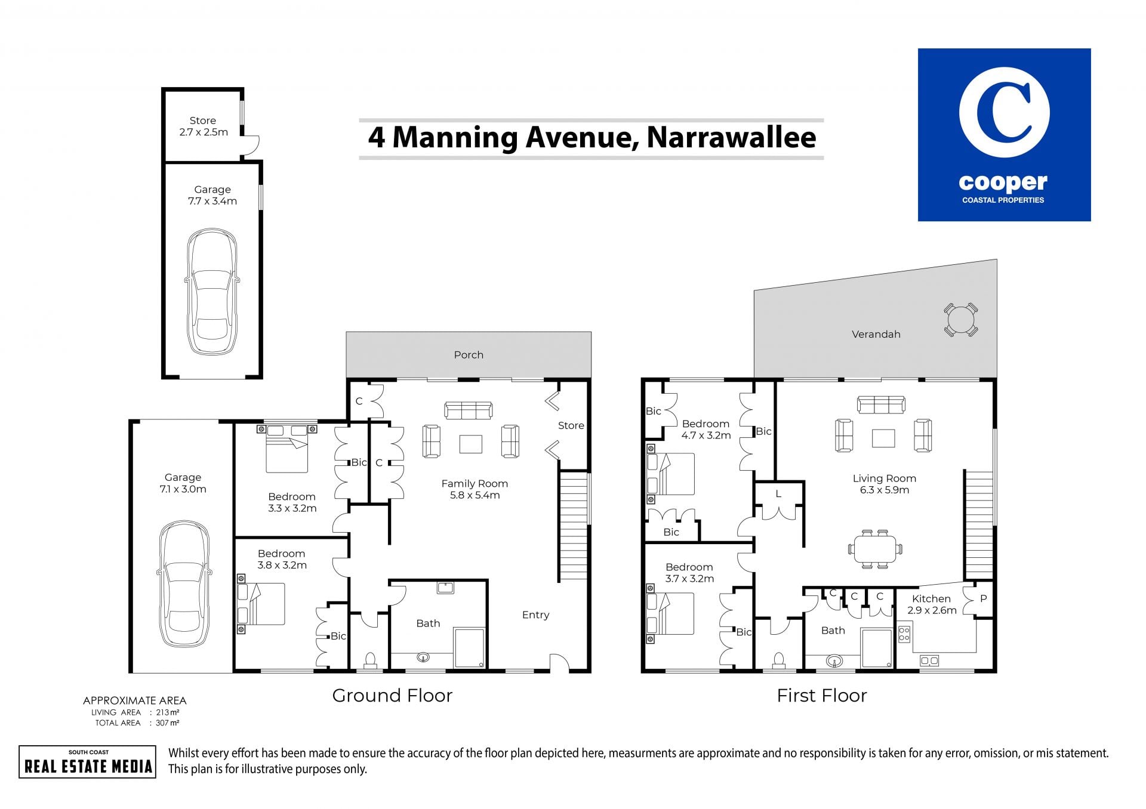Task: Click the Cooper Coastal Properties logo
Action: click(x=1004, y=135)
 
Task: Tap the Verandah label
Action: click(x=876, y=334)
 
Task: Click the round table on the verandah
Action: click(x=960, y=320)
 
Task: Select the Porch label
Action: click(x=469, y=355)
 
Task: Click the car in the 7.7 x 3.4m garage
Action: click(x=212, y=292)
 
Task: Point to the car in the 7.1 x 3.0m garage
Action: click(x=184, y=584)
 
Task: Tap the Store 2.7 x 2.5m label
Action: click(x=203, y=126)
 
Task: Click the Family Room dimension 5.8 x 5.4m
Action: click(x=475, y=495)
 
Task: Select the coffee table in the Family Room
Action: click(x=471, y=444)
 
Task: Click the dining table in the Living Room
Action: click(x=875, y=549)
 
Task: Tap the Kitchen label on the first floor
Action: click(x=931, y=599)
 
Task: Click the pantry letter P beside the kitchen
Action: click(x=984, y=598)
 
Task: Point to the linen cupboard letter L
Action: click(x=778, y=494)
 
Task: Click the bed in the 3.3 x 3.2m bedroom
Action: click(x=287, y=448)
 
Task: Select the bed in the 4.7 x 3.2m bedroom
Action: click(x=671, y=474)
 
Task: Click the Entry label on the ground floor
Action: click(x=535, y=615)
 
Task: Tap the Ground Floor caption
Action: click(x=392, y=696)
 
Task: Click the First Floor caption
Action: click(x=822, y=696)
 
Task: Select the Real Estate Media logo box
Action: click(x=88, y=762)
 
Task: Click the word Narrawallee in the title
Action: click(x=731, y=137)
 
